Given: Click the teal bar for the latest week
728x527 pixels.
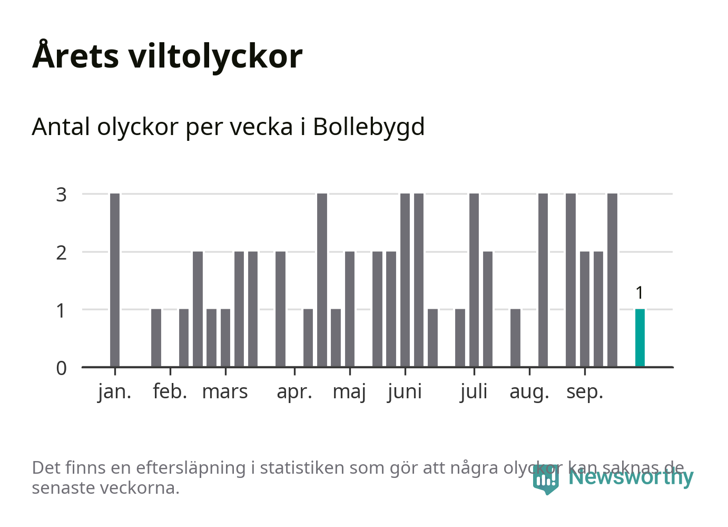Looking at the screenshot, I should tap(640, 338).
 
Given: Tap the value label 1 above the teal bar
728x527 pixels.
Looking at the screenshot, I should tap(640, 293).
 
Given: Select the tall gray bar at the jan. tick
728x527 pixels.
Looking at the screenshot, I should tap(115, 280).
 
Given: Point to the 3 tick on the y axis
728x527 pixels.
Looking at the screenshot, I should tap(62, 195).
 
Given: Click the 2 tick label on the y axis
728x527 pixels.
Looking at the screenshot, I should tap(62, 253).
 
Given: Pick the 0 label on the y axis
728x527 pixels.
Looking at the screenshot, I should tap(62, 368).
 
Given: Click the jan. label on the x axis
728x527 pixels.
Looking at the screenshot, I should tap(114, 392).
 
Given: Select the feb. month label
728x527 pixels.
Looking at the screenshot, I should tap(170, 392).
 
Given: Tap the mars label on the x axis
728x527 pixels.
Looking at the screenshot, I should tap(225, 392).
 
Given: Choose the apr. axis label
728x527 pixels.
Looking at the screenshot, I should tap(294, 392).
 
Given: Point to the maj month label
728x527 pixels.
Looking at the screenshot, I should tap(349, 392).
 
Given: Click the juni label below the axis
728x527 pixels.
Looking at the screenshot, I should tap(405, 392).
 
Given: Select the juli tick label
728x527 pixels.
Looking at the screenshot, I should tap(474, 392).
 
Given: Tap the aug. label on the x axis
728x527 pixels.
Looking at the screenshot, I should tap(529, 392).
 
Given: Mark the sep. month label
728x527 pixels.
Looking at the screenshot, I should tap(584, 392).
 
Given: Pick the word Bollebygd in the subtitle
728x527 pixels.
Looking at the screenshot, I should tap(369, 127).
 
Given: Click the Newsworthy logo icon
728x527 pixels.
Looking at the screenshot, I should tap(545, 479).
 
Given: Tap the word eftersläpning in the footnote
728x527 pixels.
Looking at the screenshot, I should tap(191, 468).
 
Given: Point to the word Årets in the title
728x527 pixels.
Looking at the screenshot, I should tap(76, 56).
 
